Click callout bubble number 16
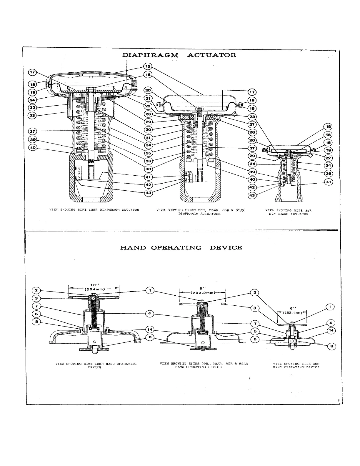coord(148,75)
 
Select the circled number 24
coord(32,100)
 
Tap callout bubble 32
coord(32,107)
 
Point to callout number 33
coord(32,115)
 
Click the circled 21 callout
coord(148,98)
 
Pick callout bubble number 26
coord(148,114)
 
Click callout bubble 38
coord(148,169)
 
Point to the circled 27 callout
coord(252,124)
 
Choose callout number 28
coord(252,132)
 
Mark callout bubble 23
coord(252,116)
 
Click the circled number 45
coord(328,135)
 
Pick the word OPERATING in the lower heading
coord(176,247)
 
